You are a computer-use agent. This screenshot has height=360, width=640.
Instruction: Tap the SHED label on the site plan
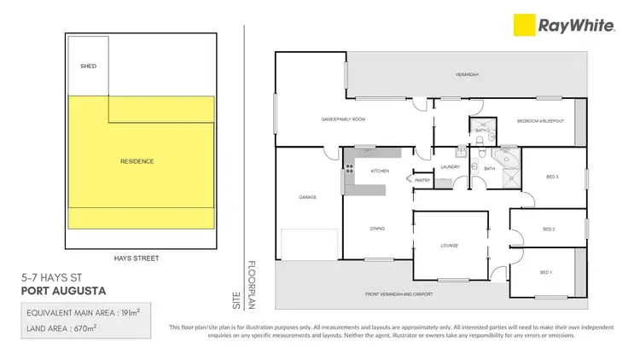point(87,64)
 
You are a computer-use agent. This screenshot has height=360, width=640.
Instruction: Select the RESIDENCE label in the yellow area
point(137,161)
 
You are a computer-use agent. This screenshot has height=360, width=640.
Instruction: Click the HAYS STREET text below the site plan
point(137,257)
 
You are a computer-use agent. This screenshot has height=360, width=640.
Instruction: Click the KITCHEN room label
point(380,171)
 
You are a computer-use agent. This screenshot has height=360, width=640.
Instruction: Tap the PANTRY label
point(421,181)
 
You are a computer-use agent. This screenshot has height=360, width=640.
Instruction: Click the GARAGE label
point(307,197)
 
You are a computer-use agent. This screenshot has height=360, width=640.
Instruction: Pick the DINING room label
point(377,229)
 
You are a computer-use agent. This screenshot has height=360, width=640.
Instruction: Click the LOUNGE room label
point(450,246)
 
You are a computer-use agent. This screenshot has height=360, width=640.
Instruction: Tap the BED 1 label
point(546,272)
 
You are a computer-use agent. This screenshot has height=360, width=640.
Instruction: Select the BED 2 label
point(549,229)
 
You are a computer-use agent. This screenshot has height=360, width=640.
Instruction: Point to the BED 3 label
point(552,177)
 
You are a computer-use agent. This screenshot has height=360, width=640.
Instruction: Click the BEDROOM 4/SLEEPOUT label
point(541,121)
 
